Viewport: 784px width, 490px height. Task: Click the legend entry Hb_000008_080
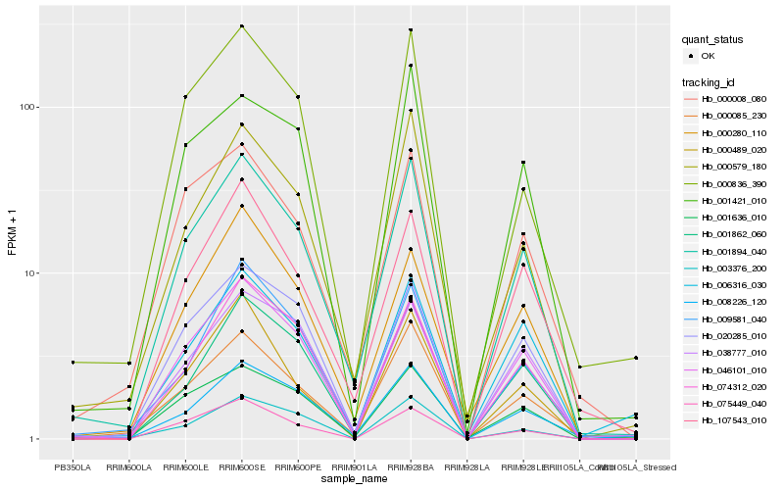pos(731,99)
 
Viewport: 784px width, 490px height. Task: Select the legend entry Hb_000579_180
pos(731,167)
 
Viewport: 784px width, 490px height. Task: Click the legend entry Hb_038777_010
pos(731,353)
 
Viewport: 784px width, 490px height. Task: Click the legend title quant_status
pos(712,39)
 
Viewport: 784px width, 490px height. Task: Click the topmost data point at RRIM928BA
pos(411,30)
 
